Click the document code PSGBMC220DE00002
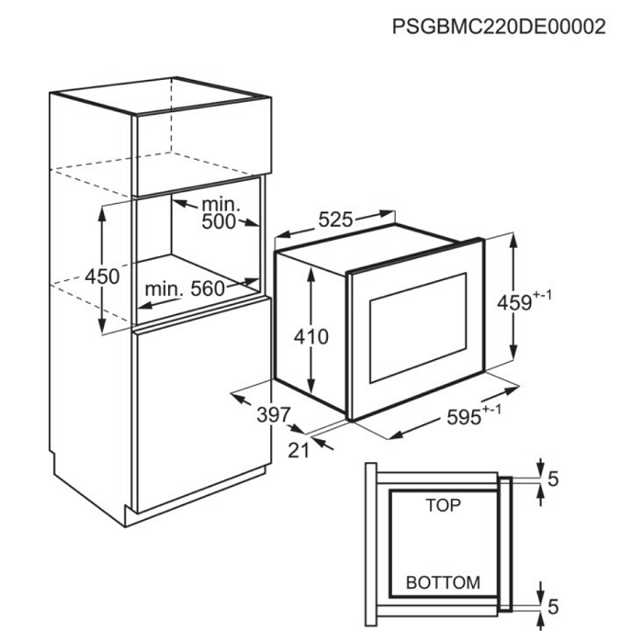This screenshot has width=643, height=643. [499, 27]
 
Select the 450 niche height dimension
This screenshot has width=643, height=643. [102, 276]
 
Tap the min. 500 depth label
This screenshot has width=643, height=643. [220, 214]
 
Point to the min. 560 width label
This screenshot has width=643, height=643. [185, 289]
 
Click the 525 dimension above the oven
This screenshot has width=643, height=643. [335, 220]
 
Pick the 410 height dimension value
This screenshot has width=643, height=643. [311, 337]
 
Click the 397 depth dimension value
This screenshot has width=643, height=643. [274, 415]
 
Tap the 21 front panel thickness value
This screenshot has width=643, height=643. [299, 451]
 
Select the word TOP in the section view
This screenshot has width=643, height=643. [443, 505]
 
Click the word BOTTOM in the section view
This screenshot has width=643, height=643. [443, 582]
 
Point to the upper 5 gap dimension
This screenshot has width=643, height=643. [553, 479]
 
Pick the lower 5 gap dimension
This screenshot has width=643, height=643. [553, 607]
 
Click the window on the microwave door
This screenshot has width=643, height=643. [418, 328]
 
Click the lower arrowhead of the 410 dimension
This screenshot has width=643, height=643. [311, 387]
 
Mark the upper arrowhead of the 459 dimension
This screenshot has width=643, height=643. [513, 240]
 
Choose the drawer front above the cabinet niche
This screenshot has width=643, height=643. [203, 147]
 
